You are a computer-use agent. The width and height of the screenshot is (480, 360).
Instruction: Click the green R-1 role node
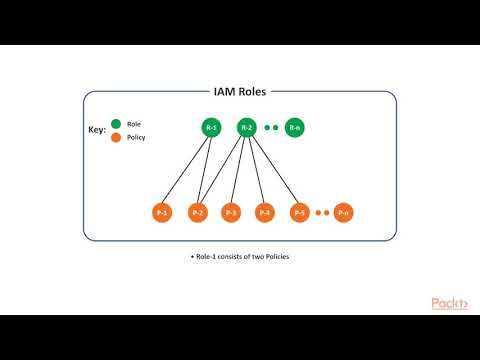click(x=211, y=128)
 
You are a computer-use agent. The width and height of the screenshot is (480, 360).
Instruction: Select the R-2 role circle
click(x=247, y=128)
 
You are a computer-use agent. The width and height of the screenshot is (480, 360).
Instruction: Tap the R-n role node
click(x=294, y=128)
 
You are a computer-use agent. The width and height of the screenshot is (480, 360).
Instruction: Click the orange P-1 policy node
click(x=163, y=213)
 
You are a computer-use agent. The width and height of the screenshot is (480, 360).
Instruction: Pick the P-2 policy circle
click(x=197, y=213)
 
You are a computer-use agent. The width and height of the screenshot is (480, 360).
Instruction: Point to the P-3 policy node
click(x=231, y=213)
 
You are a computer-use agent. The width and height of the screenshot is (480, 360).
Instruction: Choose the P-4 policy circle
click(x=265, y=213)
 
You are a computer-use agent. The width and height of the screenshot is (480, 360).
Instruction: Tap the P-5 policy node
click(x=299, y=213)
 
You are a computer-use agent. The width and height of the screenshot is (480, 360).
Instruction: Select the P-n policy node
click(x=344, y=213)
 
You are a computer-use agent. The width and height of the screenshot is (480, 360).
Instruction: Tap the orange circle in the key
click(x=116, y=137)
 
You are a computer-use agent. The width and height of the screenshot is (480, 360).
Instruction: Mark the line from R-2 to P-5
click(x=273, y=170)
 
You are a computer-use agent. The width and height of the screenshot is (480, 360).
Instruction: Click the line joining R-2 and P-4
click(x=256, y=170)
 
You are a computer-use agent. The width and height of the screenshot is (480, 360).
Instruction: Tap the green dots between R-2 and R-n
click(x=270, y=128)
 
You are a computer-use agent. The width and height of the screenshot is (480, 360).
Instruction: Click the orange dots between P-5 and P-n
click(x=321, y=213)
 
